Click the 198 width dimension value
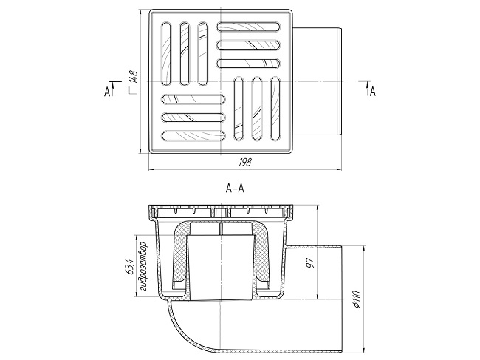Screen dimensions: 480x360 (x=245, y=162)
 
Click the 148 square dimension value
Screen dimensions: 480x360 (x=134, y=78)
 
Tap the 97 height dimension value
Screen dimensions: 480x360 (x=310, y=263)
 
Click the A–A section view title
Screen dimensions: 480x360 (x=235, y=188)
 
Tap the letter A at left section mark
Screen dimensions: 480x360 (x=107, y=92)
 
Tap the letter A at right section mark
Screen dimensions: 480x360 (x=372, y=92)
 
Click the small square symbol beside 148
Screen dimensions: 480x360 (x=134, y=90)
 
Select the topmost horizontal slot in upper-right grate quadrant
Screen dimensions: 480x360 (x=249, y=27)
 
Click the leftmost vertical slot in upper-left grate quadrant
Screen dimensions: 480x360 (x=166, y=53)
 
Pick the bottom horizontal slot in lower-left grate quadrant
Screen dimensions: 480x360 (x=193, y=136)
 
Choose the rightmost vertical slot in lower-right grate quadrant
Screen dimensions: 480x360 (x=275, y=109)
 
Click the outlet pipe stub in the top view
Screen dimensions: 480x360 (x=317, y=81)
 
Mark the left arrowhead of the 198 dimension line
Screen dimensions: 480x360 (x=151, y=169)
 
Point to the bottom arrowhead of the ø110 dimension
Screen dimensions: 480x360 (x=363, y=350)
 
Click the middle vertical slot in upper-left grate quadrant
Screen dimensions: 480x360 (x=185, y=53)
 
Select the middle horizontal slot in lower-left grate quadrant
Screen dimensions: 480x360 (x=193, y=118)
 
